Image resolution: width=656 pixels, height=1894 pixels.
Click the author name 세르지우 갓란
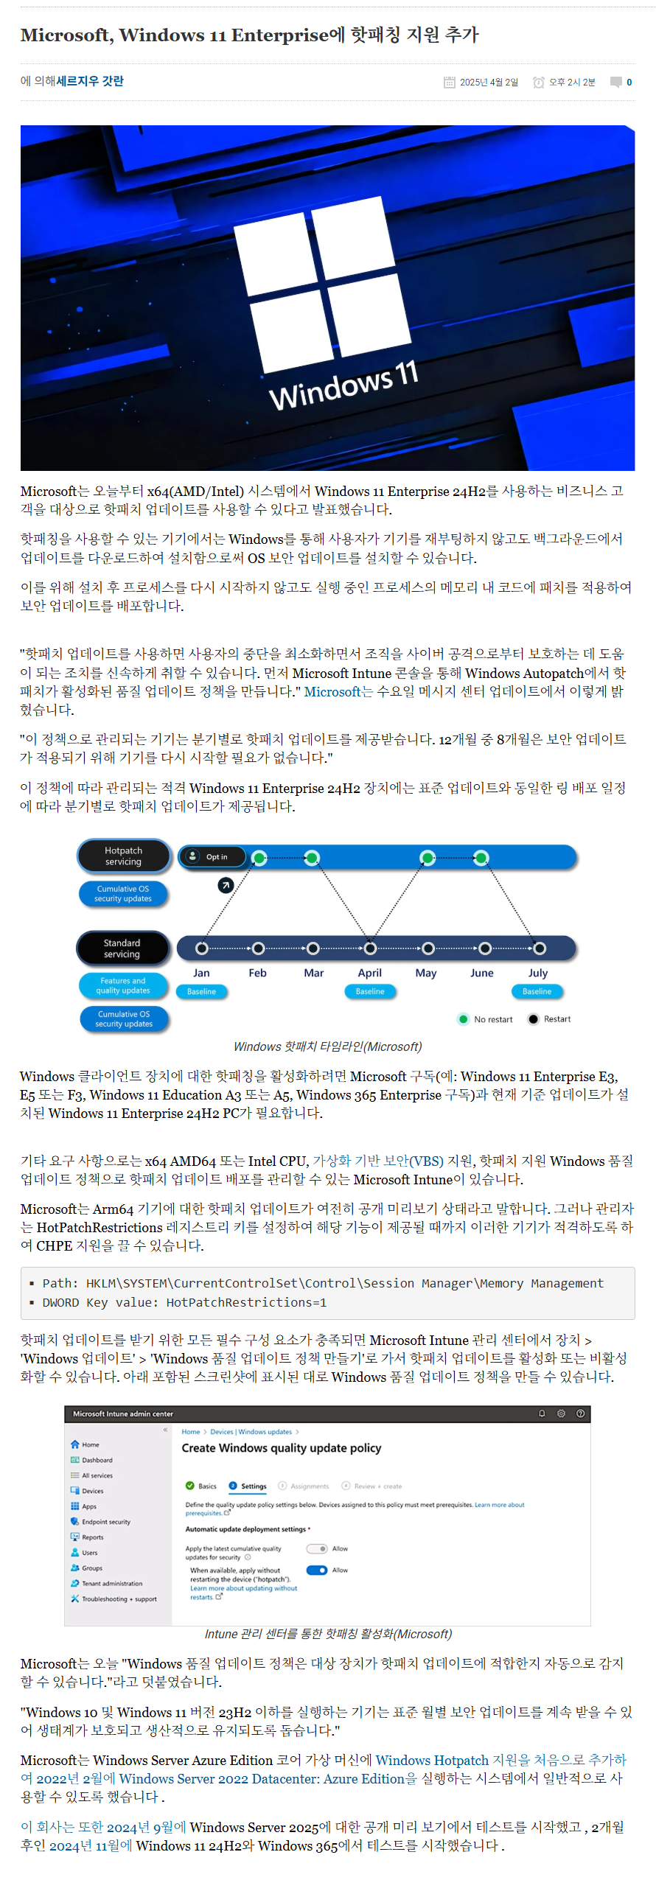point(90,81)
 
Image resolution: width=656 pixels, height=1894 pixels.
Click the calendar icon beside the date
point(449,83)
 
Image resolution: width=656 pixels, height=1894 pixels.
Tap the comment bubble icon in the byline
point(615,82)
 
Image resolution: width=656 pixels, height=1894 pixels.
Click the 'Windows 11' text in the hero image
point(343,385)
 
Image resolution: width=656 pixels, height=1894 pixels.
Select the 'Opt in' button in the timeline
point(212,856)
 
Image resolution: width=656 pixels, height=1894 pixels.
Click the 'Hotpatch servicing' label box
point(124,856)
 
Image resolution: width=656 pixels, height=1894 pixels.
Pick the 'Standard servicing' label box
point(122,948)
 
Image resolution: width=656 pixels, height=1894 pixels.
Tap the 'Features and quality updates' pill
point(123,985)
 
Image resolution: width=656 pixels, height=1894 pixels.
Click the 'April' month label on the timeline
point(369,973)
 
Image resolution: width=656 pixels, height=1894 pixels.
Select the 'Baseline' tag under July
point(537,991)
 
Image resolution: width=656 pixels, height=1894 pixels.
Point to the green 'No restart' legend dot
point(463,1019)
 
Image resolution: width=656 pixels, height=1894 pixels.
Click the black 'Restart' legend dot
point(533,1019)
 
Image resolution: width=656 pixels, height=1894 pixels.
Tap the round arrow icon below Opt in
point(226,885)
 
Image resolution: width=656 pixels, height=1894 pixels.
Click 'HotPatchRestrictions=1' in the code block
point(246,1302)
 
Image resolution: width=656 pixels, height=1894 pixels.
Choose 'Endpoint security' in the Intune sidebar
point(106,1522)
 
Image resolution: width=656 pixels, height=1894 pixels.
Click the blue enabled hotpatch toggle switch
point(317,1570)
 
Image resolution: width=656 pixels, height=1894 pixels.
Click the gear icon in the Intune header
point(561,1413)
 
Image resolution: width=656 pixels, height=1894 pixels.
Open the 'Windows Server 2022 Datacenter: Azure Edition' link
point(262,1778)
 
